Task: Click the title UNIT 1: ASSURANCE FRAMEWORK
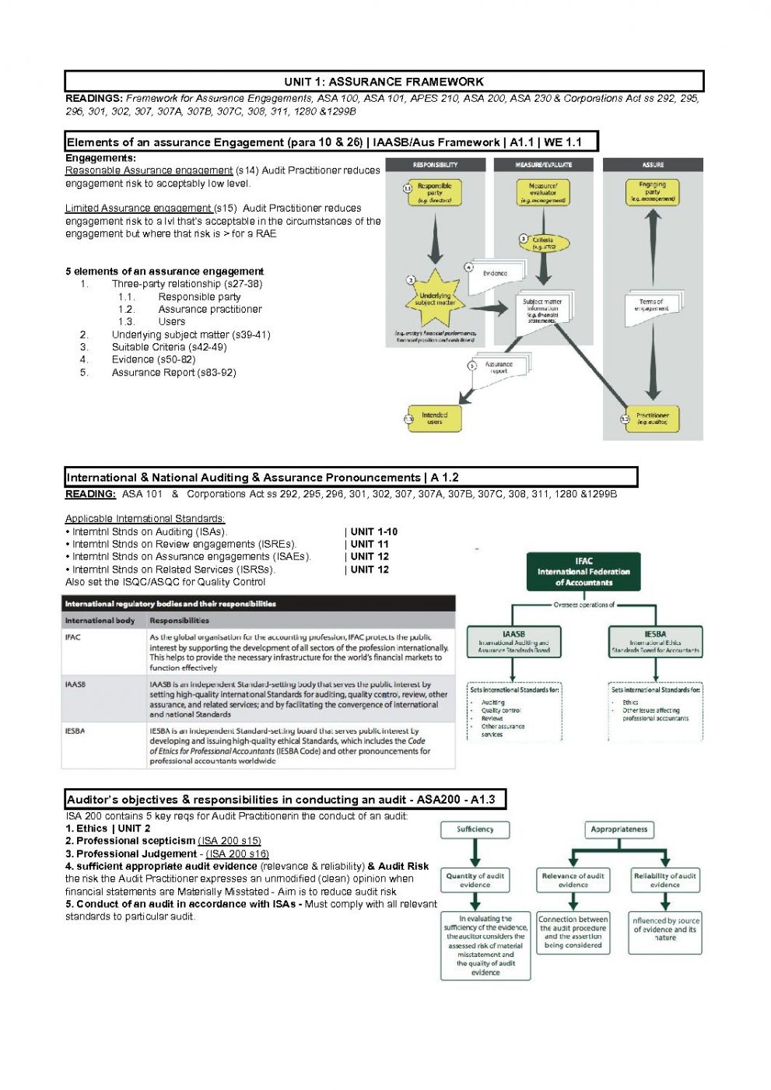[x=384, y=82]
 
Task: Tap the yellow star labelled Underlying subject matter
[x=434, y=299]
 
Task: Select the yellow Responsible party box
[x=434, y=192]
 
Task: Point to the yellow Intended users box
[x=434, y=419]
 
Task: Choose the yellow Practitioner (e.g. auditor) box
[x=652, y=419]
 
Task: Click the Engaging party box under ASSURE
[x=652, y=191]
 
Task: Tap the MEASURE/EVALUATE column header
[x=543, y=165]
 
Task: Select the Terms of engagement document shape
[x=652, y=304]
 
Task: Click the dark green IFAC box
[x=584, y=572]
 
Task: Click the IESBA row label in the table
[x=75, y=731]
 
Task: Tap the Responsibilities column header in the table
[x=179, y=621]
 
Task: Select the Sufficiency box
[x=475, y=829]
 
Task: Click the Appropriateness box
[x=619, y=829]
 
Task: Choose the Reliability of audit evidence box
[x=665, y=880]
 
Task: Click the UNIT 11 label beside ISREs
[x=370, y=545]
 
